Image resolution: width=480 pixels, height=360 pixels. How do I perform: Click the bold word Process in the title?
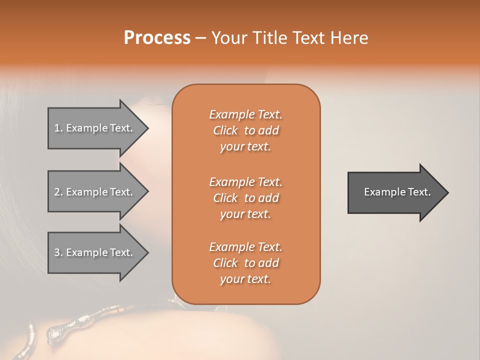(x=157, y=37)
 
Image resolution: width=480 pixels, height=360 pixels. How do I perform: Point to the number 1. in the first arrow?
(x=58, y=128)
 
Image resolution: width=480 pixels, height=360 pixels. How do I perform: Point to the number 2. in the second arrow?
(x=58, y=192)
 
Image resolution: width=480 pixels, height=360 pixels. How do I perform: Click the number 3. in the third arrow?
(x=58, y=252)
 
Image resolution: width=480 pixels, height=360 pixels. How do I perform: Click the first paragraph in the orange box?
(x=245, y=130)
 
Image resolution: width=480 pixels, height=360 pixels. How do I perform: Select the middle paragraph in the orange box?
(x=245, y=197)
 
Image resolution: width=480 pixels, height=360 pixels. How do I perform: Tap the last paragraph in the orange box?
(x=245, y=263)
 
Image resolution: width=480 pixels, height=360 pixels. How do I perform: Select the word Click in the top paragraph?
(x=225, y=130)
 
